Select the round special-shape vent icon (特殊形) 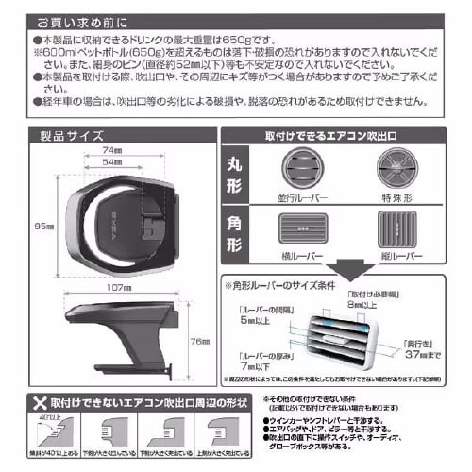tap(400, 173)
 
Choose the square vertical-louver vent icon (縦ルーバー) tap(400, 229)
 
